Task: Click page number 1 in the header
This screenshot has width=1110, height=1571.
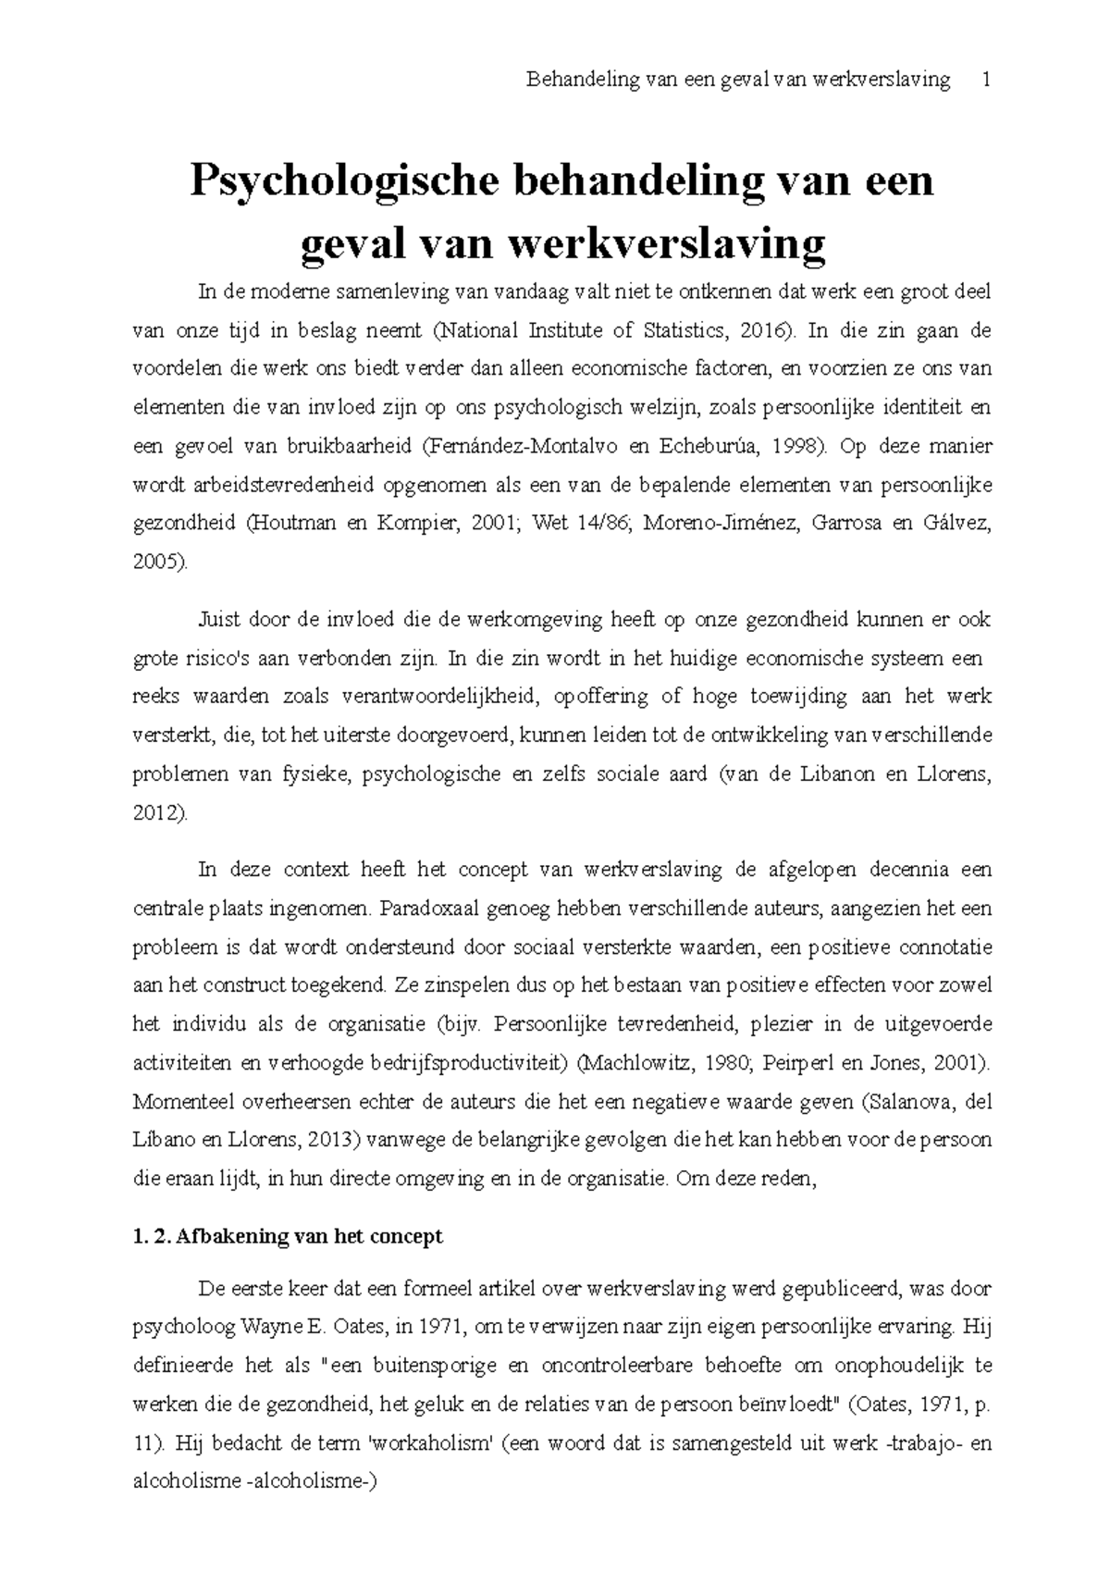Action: click(x=986, y=80)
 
